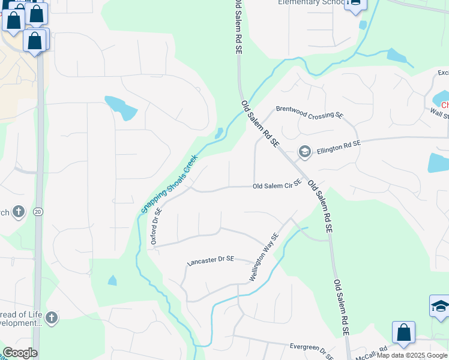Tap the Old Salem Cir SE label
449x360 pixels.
(x=276, y=186)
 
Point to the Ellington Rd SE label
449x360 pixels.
(x=339, y=145)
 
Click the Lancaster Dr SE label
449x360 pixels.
(x=210, y=260)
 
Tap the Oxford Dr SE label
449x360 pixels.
(x=157, y=226)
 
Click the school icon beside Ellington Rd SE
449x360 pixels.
(x=304, y=151)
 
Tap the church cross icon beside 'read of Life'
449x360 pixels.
(x=52, y=317)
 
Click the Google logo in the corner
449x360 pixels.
(x=20, y=353)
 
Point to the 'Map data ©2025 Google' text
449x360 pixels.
(x=412, y=355)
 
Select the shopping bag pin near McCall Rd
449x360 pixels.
(x=403, y=333)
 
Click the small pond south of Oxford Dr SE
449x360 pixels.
(x=112, y=280)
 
